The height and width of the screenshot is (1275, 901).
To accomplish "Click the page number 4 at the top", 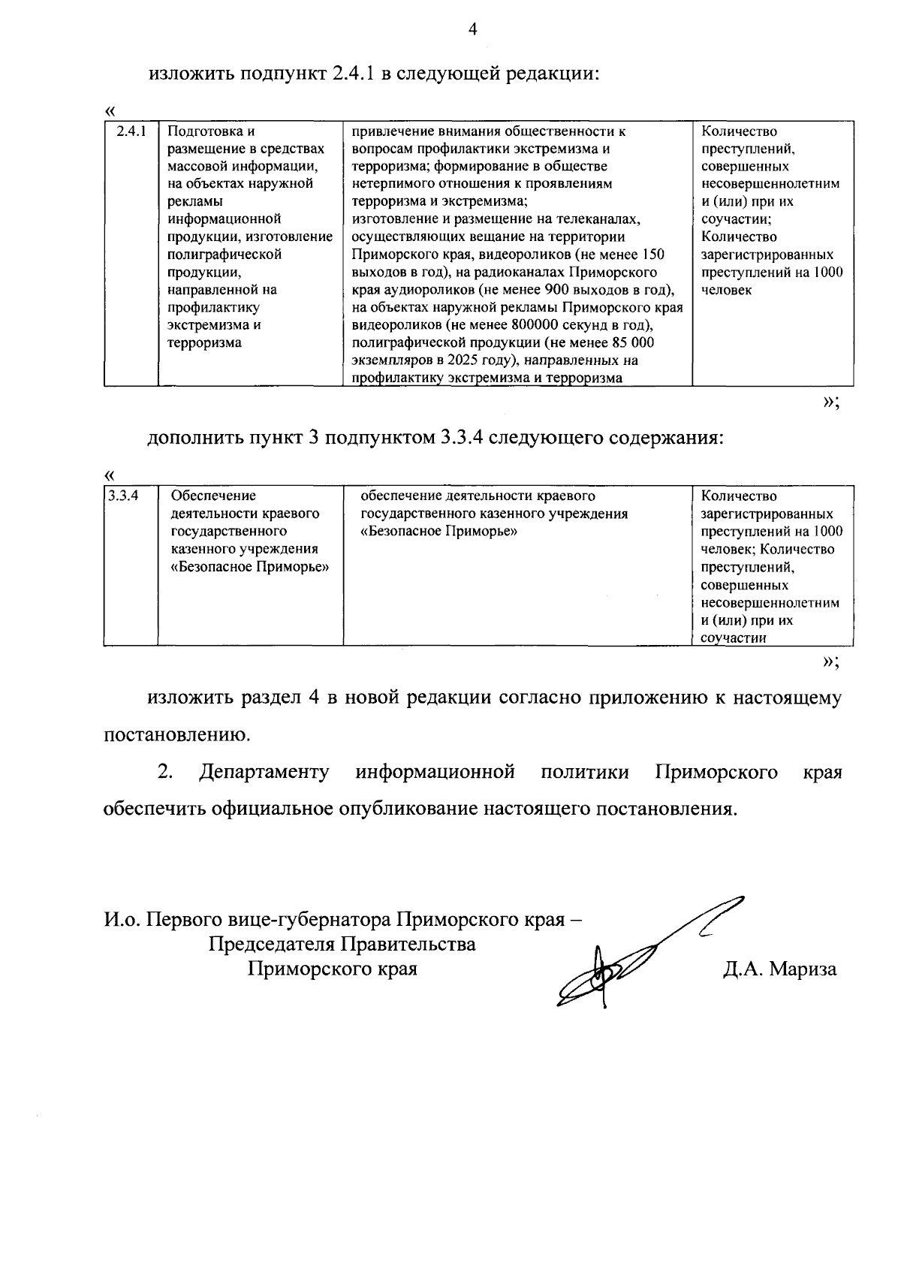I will click(x=472, y=29).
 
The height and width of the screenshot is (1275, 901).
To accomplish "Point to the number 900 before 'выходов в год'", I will click(x=562, y=290).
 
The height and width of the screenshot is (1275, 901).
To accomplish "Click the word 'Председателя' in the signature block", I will click(x=272, y=944).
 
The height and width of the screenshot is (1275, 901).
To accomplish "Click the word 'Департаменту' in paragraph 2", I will click(x=264, y=773).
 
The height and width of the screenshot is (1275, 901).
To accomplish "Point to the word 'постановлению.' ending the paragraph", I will click(x=176, y=735).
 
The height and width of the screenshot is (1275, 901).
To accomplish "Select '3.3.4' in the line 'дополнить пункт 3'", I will click(x=458, y=438).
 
